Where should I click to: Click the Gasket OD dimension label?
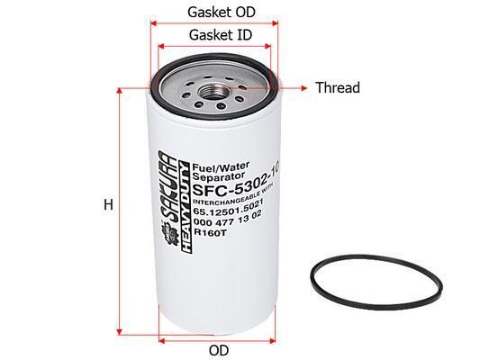click(221, 13)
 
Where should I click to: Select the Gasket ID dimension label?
click(221, 35)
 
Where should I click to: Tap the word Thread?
click(338, 88)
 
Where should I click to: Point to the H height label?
click(108, 204)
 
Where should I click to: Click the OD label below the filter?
click(219, 350)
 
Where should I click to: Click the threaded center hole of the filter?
click(213, 91)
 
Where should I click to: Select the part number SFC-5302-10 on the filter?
click(236, 186)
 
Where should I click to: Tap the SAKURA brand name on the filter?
click(168, 187)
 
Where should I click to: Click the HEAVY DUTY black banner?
click(186, 207)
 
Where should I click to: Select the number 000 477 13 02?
click(228, 218)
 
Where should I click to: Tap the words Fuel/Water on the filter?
click(221, 166)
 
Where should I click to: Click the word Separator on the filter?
click(219, 176)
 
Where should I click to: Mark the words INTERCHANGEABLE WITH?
click(233, 196)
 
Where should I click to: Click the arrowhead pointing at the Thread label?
click(303, 88)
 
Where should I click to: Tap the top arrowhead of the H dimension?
click(120, 91)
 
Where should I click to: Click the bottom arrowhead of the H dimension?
click(120, 332)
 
